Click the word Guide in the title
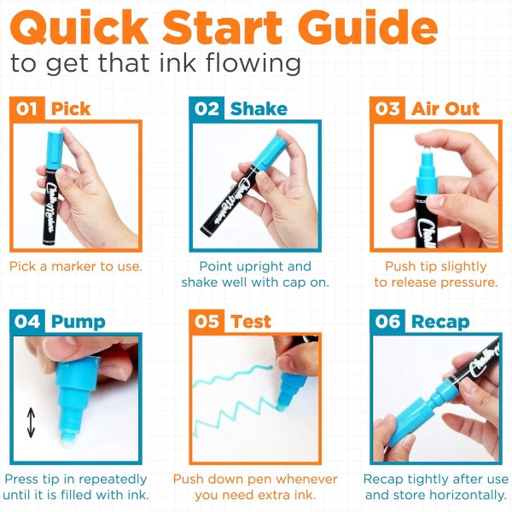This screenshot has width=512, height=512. pos(368,27)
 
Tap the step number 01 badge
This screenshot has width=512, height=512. pos(27,108)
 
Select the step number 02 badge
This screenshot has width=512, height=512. pos(207,108)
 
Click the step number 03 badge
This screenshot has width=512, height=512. pos(387,108)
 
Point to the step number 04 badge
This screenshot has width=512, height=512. pos(27,322)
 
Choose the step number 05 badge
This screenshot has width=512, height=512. pos(207,322)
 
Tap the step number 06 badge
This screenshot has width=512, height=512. pos(387,322)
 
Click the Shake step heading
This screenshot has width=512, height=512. pos(259,108)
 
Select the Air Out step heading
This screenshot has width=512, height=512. pos(445,108)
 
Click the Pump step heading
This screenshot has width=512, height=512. pos(79,323)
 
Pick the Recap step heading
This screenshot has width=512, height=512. pos(440,323)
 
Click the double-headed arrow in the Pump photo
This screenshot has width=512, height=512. pos(31,422)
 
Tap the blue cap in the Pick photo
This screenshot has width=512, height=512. pos(55,149)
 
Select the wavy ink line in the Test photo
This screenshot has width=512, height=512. pos(233,376)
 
